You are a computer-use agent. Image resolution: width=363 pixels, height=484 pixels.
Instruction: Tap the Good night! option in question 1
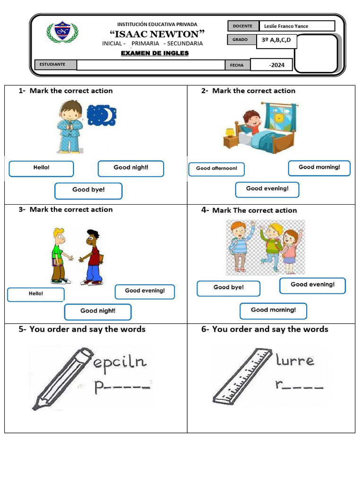pos(131,168)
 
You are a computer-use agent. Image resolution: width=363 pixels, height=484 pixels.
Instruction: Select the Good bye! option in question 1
pos(88,190)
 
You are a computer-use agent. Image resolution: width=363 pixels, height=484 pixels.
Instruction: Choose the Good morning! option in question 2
pos(320,167)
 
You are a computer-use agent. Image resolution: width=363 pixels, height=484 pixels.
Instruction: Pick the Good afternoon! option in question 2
pos(216,169)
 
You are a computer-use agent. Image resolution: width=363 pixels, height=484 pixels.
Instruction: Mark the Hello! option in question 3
pos(36,294)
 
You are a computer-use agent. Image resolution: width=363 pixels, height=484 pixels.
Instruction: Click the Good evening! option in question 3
pos(145,291)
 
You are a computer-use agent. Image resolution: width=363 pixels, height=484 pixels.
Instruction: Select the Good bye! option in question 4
pos(228,288)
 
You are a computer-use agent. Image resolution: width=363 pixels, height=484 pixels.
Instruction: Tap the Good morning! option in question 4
pos(273,311)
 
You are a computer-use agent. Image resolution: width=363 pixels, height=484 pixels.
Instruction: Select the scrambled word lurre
pos(294,361)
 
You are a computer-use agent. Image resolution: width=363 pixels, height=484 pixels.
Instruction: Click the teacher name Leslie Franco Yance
pos(286,26)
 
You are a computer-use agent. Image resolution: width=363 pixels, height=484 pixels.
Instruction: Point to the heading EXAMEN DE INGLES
pos(155,53)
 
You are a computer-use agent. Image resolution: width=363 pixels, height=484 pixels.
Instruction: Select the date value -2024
pos(277,65)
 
